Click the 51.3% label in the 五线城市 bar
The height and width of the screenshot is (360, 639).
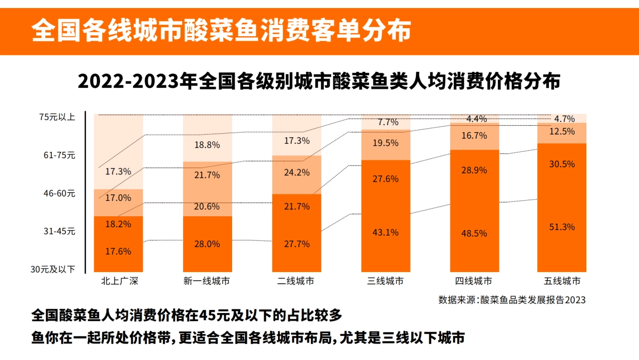pos(562,227)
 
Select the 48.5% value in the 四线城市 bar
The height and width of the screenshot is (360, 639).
pos(474,233)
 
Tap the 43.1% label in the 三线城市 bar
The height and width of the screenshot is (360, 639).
pos(386,232)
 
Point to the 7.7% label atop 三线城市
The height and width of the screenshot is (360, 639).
pos(388,122)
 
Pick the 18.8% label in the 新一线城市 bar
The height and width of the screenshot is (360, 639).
pos(208,144)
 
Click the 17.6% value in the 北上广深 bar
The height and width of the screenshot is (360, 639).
pos(118,251)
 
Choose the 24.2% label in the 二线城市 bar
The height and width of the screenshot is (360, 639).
pos(297,173)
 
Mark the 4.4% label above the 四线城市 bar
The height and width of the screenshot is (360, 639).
pos(476,118)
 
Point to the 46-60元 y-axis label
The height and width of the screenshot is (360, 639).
pos(60,194)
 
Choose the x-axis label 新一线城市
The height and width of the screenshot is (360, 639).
pos(207,281)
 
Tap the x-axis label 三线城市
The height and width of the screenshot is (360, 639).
pos(386,281)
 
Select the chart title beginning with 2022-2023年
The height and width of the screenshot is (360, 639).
pos(319,83)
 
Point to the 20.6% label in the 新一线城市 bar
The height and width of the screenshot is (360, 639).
pos(208,207)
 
